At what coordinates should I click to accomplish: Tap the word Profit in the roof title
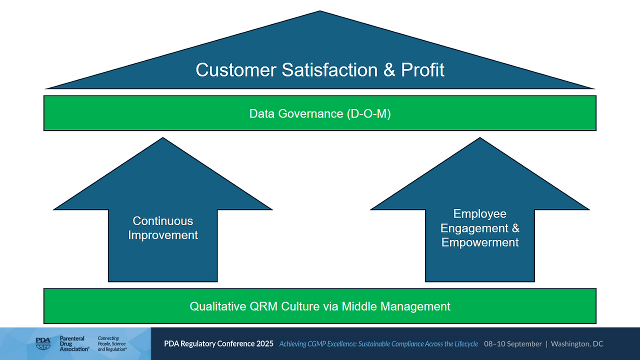[422, 70]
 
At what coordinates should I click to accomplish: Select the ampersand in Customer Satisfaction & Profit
[389, 70]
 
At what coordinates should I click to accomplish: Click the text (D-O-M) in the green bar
[368, 113]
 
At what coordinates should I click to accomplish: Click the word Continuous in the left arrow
[163, 221]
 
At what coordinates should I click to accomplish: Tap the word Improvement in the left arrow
[163, 235]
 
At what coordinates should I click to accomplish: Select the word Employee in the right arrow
[480, 214]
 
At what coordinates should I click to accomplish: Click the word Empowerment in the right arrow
[480, 242]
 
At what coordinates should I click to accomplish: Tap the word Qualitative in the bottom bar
[218, 306]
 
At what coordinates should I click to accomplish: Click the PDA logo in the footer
[43, 343]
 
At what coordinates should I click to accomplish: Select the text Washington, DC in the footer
[577, 344]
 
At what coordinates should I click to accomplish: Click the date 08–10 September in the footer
[512, 344]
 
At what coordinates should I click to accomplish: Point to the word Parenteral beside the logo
[72, 338]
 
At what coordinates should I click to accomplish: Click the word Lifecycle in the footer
[462, 344]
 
